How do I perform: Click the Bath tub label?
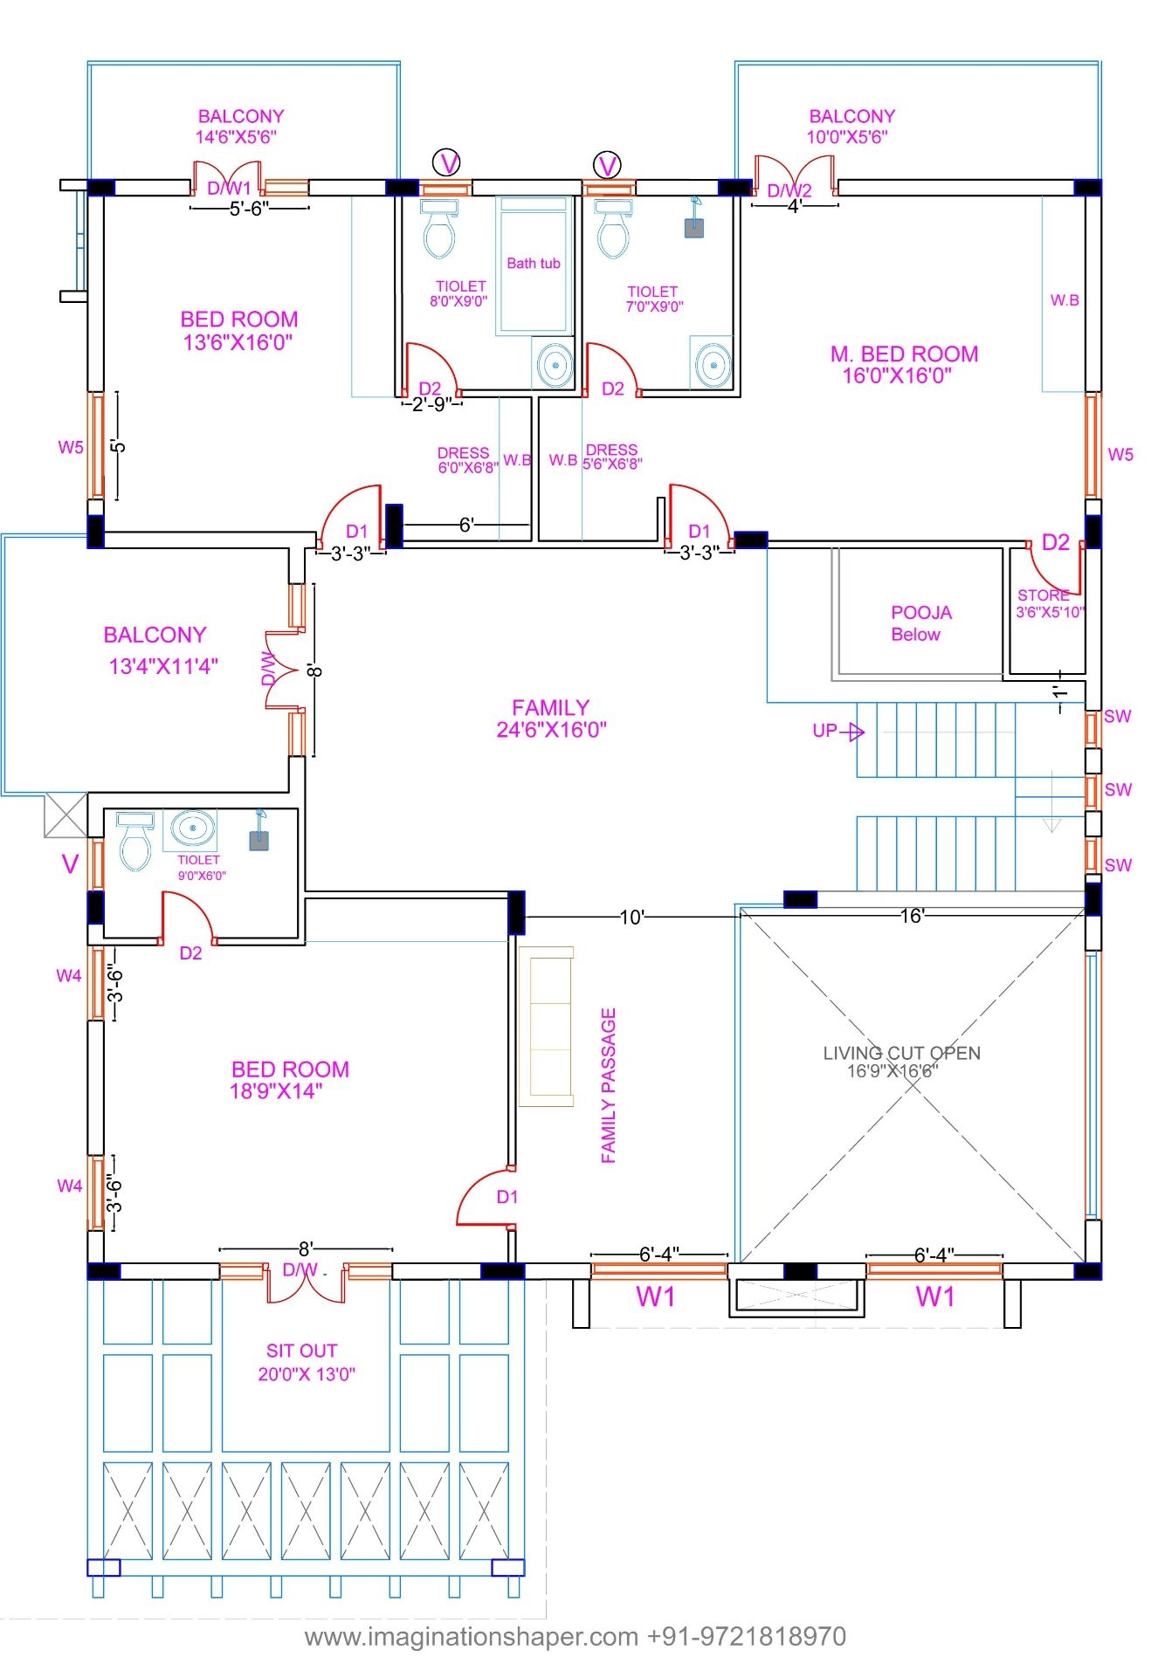(x=533, y=263)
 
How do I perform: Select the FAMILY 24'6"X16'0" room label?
(x=550, y=718)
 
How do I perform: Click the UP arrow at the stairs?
(x=837, y=731)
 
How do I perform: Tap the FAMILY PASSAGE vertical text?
(x=609, y=1084)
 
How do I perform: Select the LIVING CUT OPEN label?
(x=900, y=1061)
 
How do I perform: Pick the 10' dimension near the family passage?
(x=631, y=917)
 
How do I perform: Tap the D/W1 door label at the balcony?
(x=229, y=188)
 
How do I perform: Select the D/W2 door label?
(x=789, y=190)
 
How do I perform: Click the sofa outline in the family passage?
(x=546, y=1026)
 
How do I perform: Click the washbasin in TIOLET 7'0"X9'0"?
(x=713, y=362)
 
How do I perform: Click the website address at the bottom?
(x=575, y=1635)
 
